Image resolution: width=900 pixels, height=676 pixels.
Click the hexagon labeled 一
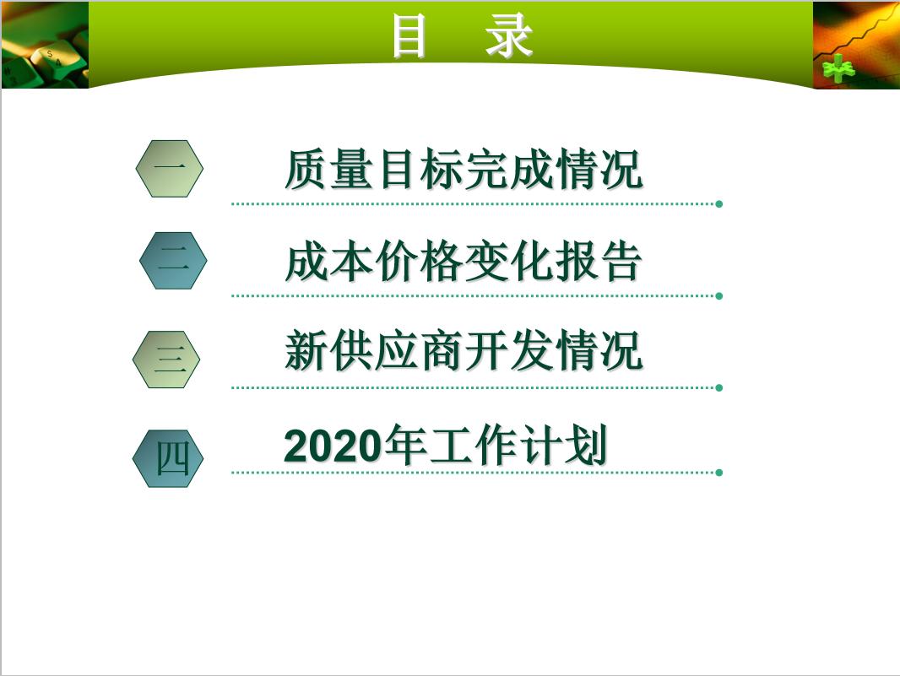[170, 169]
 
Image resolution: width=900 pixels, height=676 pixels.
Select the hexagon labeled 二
[173, 261]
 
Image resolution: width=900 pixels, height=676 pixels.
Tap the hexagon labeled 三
[166, 360]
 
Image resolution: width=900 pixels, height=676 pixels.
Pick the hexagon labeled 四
[168, 458]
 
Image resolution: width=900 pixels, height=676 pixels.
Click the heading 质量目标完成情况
[464, 170]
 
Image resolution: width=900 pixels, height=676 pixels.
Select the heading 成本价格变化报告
[464, 262]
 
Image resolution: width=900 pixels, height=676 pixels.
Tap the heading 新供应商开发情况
[464, 351]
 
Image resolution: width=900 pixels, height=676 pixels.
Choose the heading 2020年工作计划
[446, 446]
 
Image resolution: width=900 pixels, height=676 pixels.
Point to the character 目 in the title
[409, 37]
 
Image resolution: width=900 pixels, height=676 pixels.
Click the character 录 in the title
[509, 37]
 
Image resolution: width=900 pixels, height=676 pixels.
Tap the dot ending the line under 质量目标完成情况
[718, 203]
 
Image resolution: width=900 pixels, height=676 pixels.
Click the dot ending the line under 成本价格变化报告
[718, 296]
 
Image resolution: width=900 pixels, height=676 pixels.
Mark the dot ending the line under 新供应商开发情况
[718, 388]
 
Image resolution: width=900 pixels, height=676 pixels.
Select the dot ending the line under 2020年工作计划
[718, 473]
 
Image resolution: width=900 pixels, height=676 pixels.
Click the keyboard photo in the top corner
[44, 45]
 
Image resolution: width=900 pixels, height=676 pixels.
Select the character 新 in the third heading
[306, 351]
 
